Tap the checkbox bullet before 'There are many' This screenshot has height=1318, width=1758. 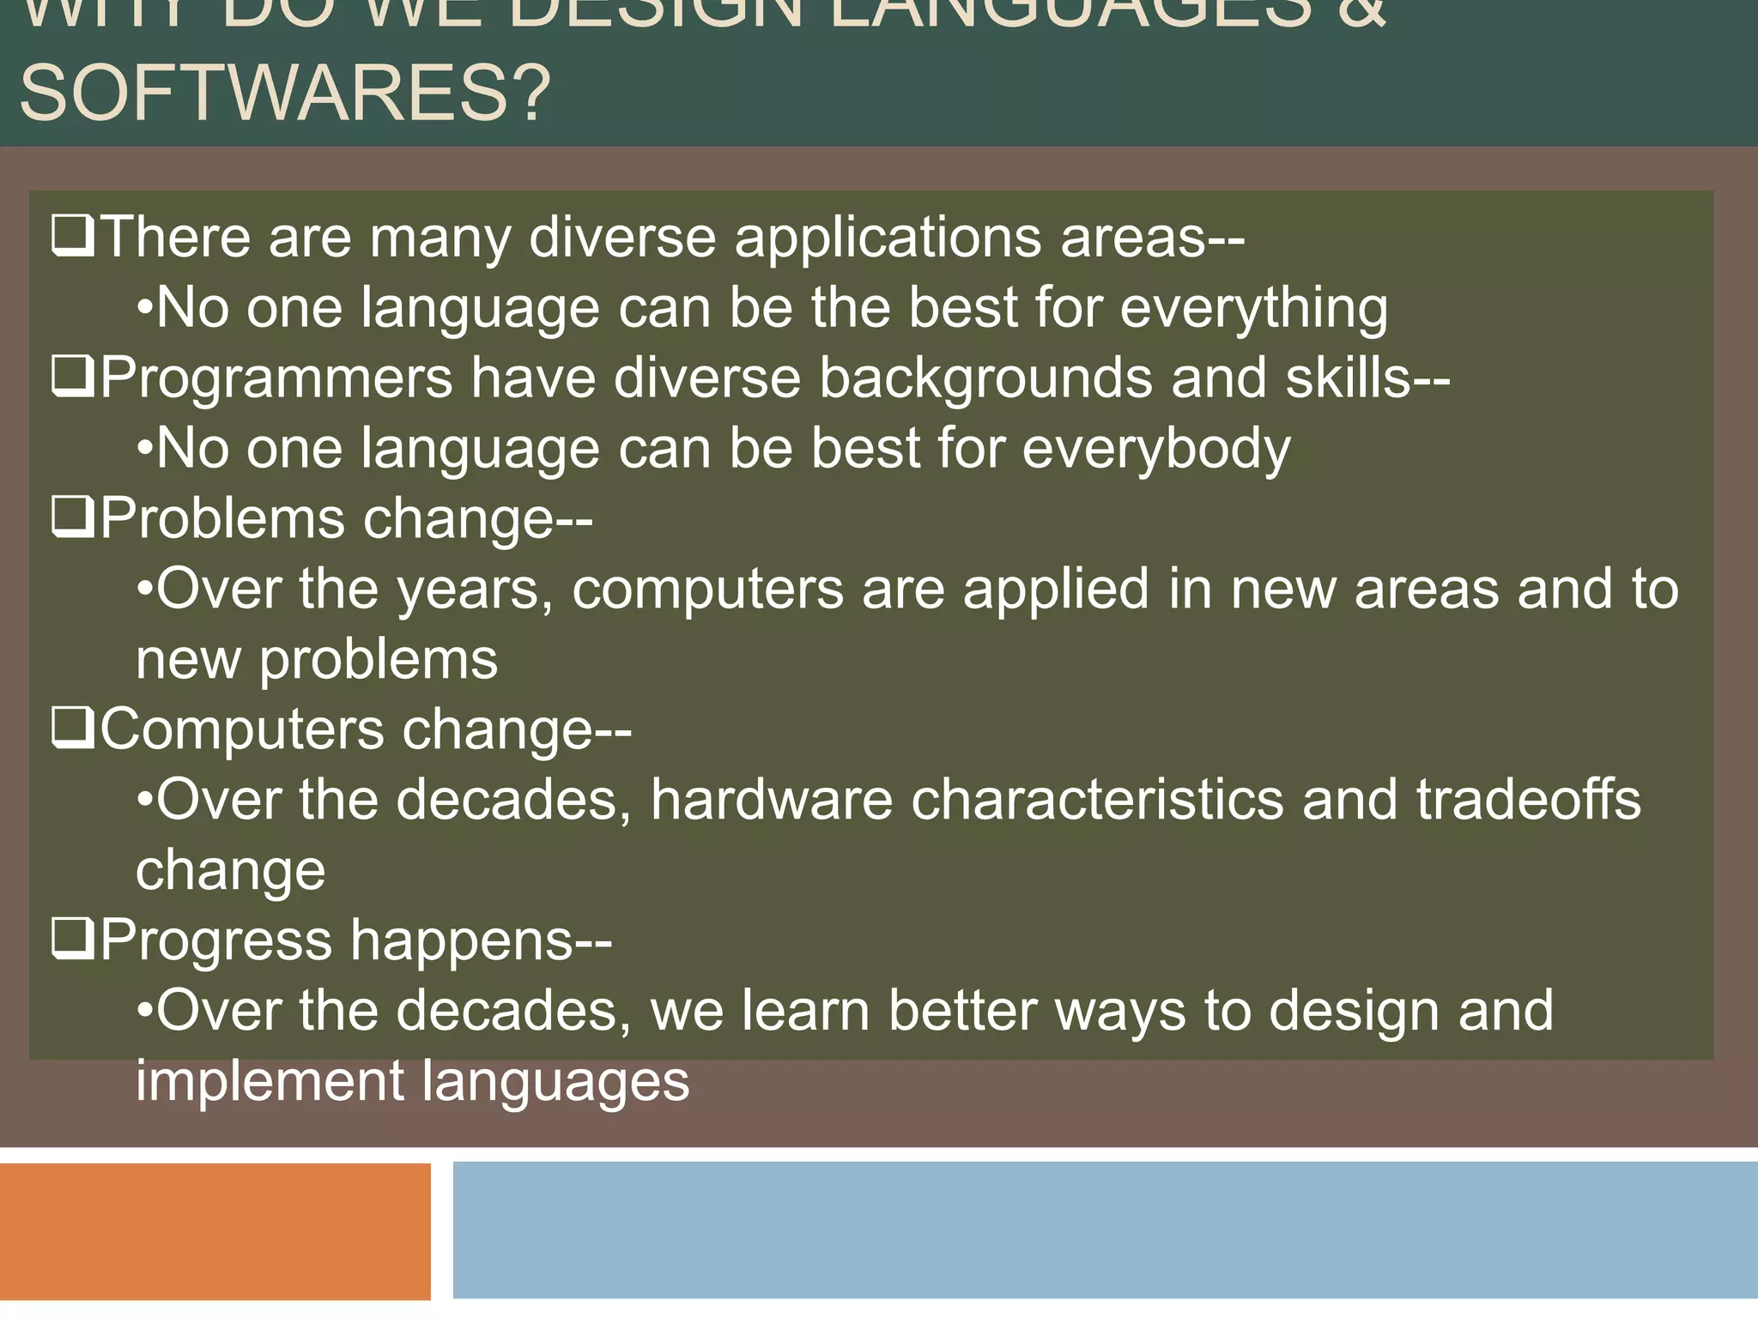click(x=73, y=236)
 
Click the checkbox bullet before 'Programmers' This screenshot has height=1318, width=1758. click(x=73, y=377)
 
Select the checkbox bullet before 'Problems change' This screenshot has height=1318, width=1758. click(x=73, y=517)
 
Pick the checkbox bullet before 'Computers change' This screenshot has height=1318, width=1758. click(x=73, y=729)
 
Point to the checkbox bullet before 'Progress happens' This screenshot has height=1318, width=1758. click(x=73, y=940)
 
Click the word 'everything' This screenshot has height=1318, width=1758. click(x=1253, y=309)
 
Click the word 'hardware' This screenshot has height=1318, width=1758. click(x=771, y=800)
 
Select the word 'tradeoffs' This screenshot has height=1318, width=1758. click(x=1528, y=800)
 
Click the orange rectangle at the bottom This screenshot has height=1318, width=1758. click(x=215, y=1232)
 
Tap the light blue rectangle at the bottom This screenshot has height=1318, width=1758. click(x=1105, y=1230)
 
